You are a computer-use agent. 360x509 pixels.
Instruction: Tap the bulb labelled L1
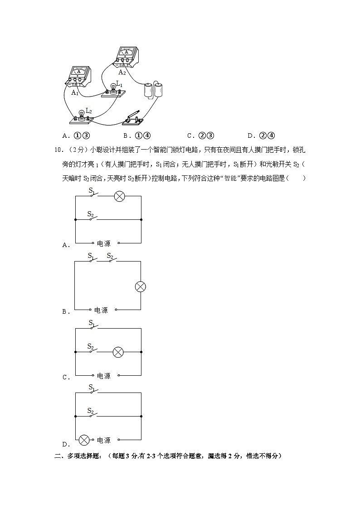pyautogui.click(x=113, y=88)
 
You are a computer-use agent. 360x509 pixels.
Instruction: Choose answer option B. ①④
pyautogui.click(x=136, y=135)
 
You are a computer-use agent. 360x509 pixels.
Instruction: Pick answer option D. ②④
pyautogui.click(x=262, y=135)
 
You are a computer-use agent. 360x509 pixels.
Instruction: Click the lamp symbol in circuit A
pyautogui.click(x=119, y=196)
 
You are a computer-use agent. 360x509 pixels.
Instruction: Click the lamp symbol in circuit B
pyautogui.click(x=141, y=286)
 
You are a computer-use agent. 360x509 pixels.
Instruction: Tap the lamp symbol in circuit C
pyautogui.click(x=118, y=352)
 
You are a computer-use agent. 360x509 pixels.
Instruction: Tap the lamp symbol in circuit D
pyautogui.click(x=84, y=440)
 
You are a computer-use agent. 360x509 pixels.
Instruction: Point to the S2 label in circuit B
pyautogui.click(x=110, y=256)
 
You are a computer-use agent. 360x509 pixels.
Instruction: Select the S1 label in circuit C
pyautogui.click(x=91, y=323)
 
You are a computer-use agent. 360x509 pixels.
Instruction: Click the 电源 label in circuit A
pyautogui.click(x=103, y=244)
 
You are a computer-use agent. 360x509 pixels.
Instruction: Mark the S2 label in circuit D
pyautogui.click(x=91, y=411)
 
